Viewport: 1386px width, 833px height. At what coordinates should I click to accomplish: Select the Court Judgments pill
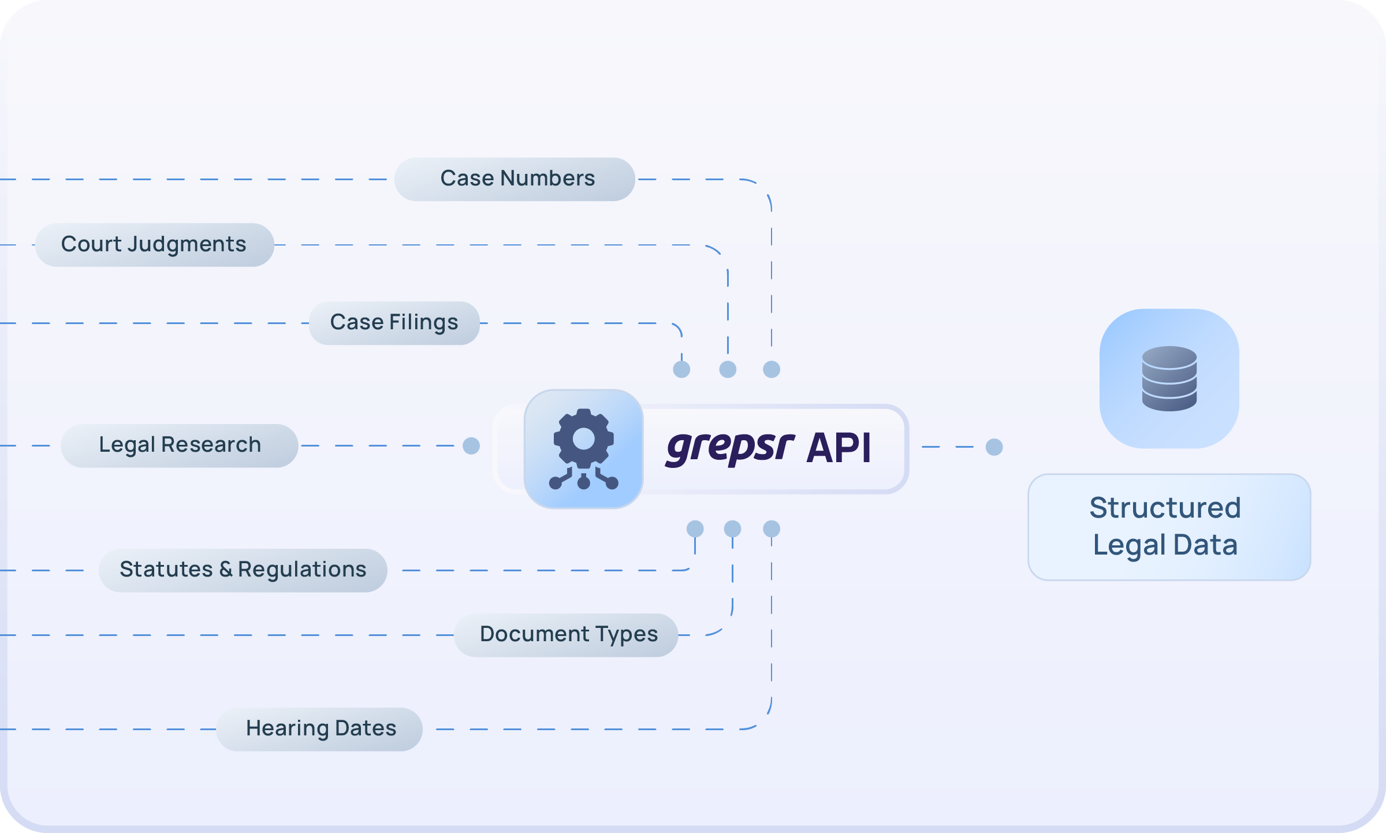(154, 245)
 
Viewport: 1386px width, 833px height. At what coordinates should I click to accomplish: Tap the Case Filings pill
(394, 323)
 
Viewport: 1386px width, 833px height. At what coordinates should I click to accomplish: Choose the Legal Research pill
(180, 445)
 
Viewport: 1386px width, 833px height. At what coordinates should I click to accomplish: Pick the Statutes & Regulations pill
(243, 570)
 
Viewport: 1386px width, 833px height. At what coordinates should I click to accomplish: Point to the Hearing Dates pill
(320, 729)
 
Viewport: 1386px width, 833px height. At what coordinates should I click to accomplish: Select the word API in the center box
(839, 448)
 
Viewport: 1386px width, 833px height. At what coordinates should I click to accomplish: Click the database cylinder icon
(1169, 378)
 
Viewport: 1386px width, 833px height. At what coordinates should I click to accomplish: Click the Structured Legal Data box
(1169, 527)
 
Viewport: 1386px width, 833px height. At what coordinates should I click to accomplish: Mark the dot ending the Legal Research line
(471, 446)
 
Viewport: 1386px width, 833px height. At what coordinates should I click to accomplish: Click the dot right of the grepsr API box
(994, 447)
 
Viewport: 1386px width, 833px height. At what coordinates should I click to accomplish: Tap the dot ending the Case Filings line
(681, 369)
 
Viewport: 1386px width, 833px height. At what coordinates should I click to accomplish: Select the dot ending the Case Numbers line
(772, 369)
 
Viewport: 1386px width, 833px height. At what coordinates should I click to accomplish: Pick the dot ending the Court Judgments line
(728, 369)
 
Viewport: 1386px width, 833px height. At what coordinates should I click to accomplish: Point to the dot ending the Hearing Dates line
(772, 529)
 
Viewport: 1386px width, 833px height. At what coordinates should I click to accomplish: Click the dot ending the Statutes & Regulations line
(695, 529)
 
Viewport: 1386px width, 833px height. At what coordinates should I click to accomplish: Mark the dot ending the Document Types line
(732, 529)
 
